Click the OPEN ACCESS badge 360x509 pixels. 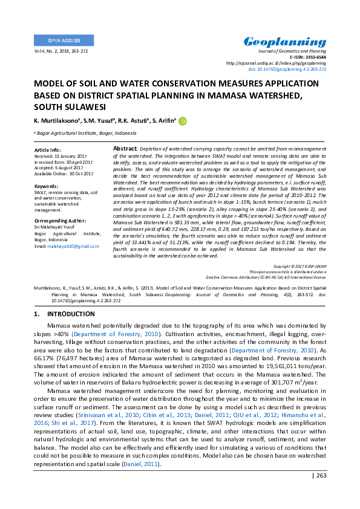pos(64,41)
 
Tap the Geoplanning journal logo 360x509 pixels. pos(284,42)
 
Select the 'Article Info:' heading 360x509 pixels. pos(48,149)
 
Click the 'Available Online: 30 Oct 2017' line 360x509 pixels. pos(64,173)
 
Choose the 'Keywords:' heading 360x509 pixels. pos(47,186)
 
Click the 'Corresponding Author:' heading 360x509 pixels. pos(61,221)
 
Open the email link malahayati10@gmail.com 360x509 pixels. pos(75,246)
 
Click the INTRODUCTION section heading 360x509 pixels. pos(62,314)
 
